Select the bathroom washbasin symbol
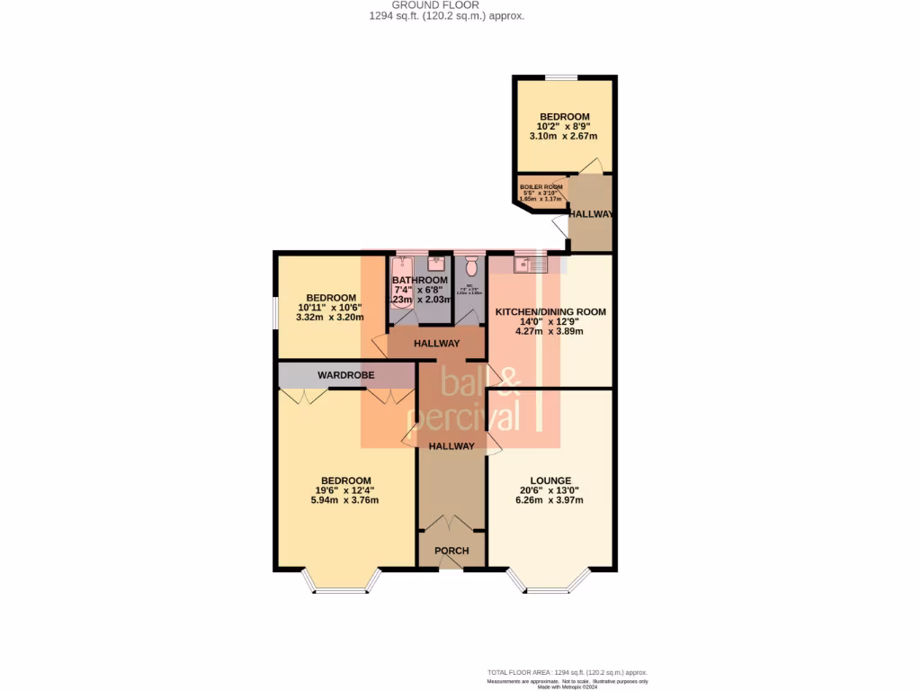click(x=435, y=264)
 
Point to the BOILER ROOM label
click(x=541, y=186)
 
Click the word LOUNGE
click(x=550, y=480)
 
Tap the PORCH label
click(x=452, y=551)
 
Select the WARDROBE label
click(x=345, y=374)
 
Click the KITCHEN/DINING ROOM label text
click(x=550, y=312)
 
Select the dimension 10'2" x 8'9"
click(x=564, y=127)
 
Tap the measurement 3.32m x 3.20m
click(x=331, y=318)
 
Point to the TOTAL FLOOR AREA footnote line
click(x=567, y=672)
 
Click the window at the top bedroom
click(x=562, y=78)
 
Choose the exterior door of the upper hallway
click(x=560, y=228)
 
